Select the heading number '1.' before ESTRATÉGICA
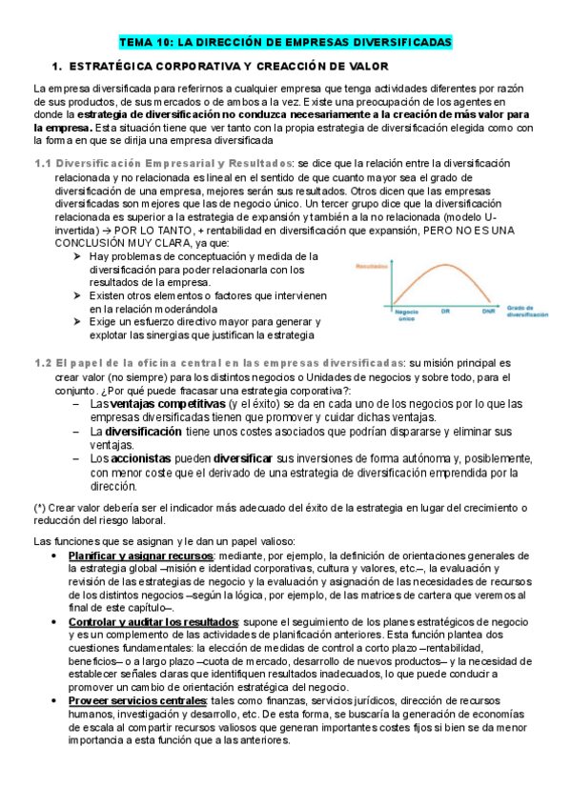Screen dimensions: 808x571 point(56,66)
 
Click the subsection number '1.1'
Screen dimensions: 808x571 point(42,164)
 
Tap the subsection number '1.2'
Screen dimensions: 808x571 point(42,363)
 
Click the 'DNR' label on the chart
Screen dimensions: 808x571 point(488,311)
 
